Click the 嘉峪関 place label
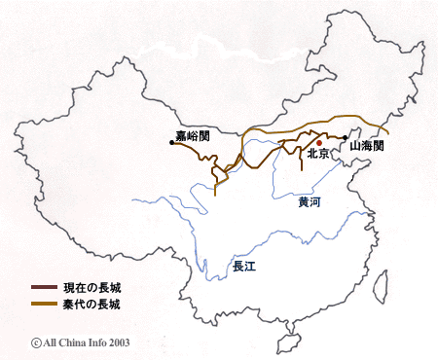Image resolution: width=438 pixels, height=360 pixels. coord(196,135)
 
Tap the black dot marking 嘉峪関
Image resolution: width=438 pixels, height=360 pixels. coord(172,143)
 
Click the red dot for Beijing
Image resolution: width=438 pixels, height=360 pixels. coord(318,142)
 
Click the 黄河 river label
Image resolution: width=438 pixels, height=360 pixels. coord(310,202)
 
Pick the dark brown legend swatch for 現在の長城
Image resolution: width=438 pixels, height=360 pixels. coord(44,288)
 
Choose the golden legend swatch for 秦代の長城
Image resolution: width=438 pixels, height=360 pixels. coord(44,305)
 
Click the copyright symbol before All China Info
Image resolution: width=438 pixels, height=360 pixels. coord(36,342)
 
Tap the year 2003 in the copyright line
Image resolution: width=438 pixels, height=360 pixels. coord(117,342)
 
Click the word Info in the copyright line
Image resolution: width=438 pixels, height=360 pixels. coord(96,342)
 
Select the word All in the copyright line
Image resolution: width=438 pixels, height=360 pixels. coord(51,342)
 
